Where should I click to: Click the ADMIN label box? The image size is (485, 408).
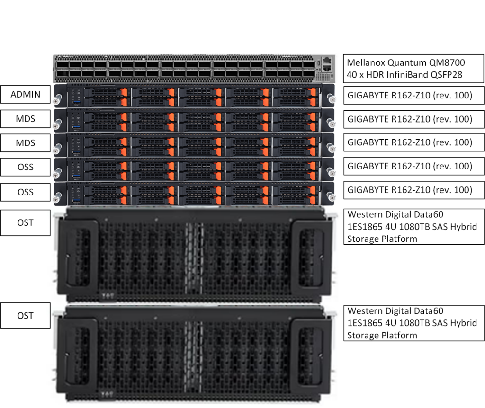coord(26,94)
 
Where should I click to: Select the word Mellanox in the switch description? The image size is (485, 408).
coord(366,62)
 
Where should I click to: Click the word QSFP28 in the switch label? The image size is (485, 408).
coord(447,75)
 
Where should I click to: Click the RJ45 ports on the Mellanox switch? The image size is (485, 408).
coord(327,64)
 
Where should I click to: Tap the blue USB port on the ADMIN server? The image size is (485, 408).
coord(76,102)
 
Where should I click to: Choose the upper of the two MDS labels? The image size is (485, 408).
coord(26,119)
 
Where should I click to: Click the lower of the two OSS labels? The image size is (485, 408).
coord(26,192)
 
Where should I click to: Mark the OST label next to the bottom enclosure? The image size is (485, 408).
coord(26,316)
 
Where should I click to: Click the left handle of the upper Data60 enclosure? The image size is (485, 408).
coord(79,253)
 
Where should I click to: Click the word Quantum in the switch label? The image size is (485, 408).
coord(407,63)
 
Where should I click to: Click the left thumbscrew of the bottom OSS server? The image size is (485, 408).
coord(57,197)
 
